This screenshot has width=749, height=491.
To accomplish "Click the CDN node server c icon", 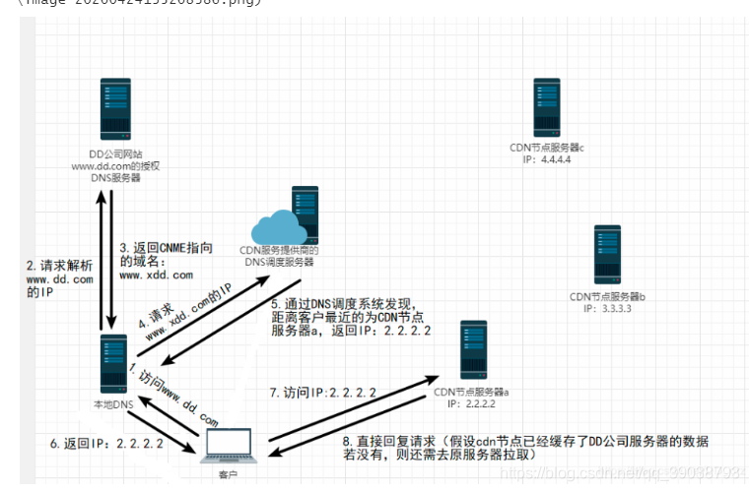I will [x=547, y=108].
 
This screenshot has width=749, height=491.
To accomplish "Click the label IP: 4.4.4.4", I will [x=548, y=158].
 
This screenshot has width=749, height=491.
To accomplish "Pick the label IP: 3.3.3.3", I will [x=607, y=307].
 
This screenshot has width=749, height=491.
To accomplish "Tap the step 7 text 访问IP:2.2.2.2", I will [x=322, y=392].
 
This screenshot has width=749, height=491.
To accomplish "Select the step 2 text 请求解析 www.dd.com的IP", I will [x=60, y=279].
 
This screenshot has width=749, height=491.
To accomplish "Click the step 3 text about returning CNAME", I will [x=165, y=261].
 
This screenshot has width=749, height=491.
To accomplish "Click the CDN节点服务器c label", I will [x=547, y=147].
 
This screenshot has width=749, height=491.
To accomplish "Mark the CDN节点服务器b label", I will [x=607, y=295].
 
